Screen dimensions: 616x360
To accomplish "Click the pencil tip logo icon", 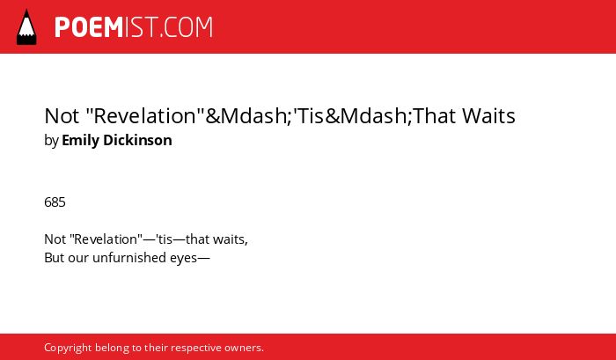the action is click(x=26, y=27).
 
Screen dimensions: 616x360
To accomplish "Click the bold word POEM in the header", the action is click(x=89, y=27).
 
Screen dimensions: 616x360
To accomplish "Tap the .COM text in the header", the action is click(x=186, y=27).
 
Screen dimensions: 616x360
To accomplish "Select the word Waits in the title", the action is click(x=488, y=116).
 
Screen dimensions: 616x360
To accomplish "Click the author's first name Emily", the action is click(x=81, y=141).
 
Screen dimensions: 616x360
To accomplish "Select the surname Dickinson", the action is click(x=137, y=140).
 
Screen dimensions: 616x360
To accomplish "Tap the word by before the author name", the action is click(x=51, y=141).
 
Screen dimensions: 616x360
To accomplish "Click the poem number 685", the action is click(x=55, y=202).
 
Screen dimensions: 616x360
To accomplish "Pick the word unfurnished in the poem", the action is click(x=129, y=258).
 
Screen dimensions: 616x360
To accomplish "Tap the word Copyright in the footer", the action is click(x=68, y=349).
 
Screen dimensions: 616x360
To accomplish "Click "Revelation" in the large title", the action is click(x=144, y=116).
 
